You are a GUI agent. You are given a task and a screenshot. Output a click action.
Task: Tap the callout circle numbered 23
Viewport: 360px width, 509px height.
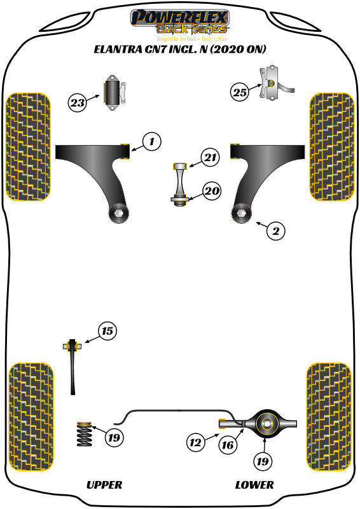78,102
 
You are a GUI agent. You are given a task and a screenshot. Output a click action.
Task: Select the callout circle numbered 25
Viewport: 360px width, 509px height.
239,92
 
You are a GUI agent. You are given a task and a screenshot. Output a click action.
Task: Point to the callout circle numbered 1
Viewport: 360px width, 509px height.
151,141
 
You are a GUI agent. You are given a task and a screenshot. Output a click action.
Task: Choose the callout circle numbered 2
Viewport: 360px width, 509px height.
275,231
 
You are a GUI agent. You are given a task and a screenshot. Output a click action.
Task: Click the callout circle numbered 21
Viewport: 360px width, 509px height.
211,157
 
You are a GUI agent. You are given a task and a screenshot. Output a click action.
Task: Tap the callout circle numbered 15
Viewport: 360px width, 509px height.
107,330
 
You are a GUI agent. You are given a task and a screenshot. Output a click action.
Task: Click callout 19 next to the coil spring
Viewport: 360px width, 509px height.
114,438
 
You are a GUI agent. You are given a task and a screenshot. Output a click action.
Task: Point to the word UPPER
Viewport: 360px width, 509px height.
104,485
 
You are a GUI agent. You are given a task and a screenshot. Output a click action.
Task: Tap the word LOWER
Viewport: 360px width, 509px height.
254,485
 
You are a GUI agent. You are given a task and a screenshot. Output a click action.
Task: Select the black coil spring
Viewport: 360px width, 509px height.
84,434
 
